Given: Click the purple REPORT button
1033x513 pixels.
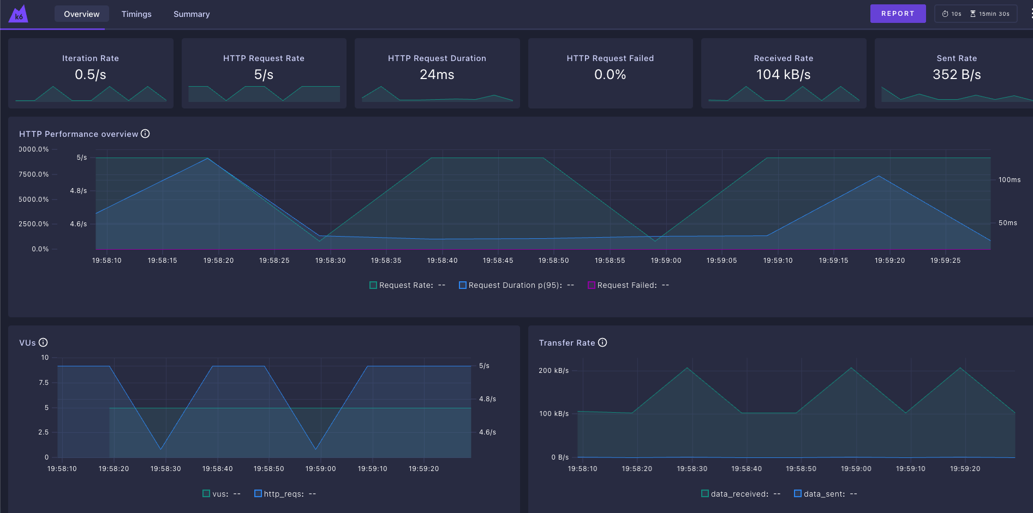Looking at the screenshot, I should [898, 14].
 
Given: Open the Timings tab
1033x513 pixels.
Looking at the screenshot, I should [136, 14].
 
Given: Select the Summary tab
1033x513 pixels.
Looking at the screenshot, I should [192, 14].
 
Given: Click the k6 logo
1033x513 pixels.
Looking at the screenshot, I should [18, 14].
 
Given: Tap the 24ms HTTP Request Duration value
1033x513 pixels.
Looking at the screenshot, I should [437, 75].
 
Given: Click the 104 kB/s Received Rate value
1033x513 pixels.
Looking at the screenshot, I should [783, 75].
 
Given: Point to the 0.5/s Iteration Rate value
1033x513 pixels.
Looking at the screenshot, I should [91, 75].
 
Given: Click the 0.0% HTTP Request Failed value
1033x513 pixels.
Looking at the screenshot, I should [610, 75].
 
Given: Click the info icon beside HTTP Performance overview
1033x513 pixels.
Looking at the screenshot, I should [145, 134].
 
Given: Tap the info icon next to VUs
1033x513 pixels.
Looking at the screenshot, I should [43, 342].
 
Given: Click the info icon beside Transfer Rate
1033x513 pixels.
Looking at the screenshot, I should [602, 342].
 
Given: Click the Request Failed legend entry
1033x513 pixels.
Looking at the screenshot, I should [627, 285].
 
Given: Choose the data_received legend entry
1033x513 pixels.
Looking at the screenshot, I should [739, 494].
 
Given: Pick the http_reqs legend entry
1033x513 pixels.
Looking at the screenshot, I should [284, 494].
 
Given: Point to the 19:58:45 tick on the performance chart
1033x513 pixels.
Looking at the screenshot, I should [498, 261].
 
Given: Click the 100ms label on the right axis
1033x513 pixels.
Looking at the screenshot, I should [1009, 180].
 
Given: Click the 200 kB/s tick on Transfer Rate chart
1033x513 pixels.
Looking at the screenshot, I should [553, 371].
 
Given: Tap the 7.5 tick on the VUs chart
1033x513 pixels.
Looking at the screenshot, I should [44, 383].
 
